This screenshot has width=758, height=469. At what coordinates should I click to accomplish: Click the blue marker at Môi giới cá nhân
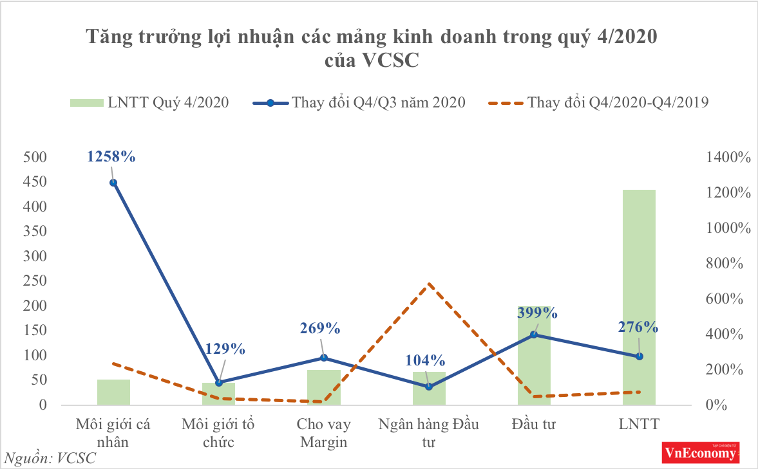[x=113, y=183]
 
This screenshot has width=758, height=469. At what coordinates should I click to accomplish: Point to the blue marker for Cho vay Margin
[x=323, y=358]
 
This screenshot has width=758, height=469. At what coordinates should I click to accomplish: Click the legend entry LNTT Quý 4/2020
[x=148, y=102]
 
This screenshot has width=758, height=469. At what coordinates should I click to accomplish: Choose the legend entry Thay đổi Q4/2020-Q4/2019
[x=599, y=102]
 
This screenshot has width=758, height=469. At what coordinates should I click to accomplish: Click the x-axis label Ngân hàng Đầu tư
[x=428, y=434]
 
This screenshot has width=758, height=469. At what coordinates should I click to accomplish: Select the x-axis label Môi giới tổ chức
[x=218, y=434]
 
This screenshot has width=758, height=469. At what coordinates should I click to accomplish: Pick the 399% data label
[x=536, y=313]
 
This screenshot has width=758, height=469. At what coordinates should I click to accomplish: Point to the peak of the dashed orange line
[x=429, y=284]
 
